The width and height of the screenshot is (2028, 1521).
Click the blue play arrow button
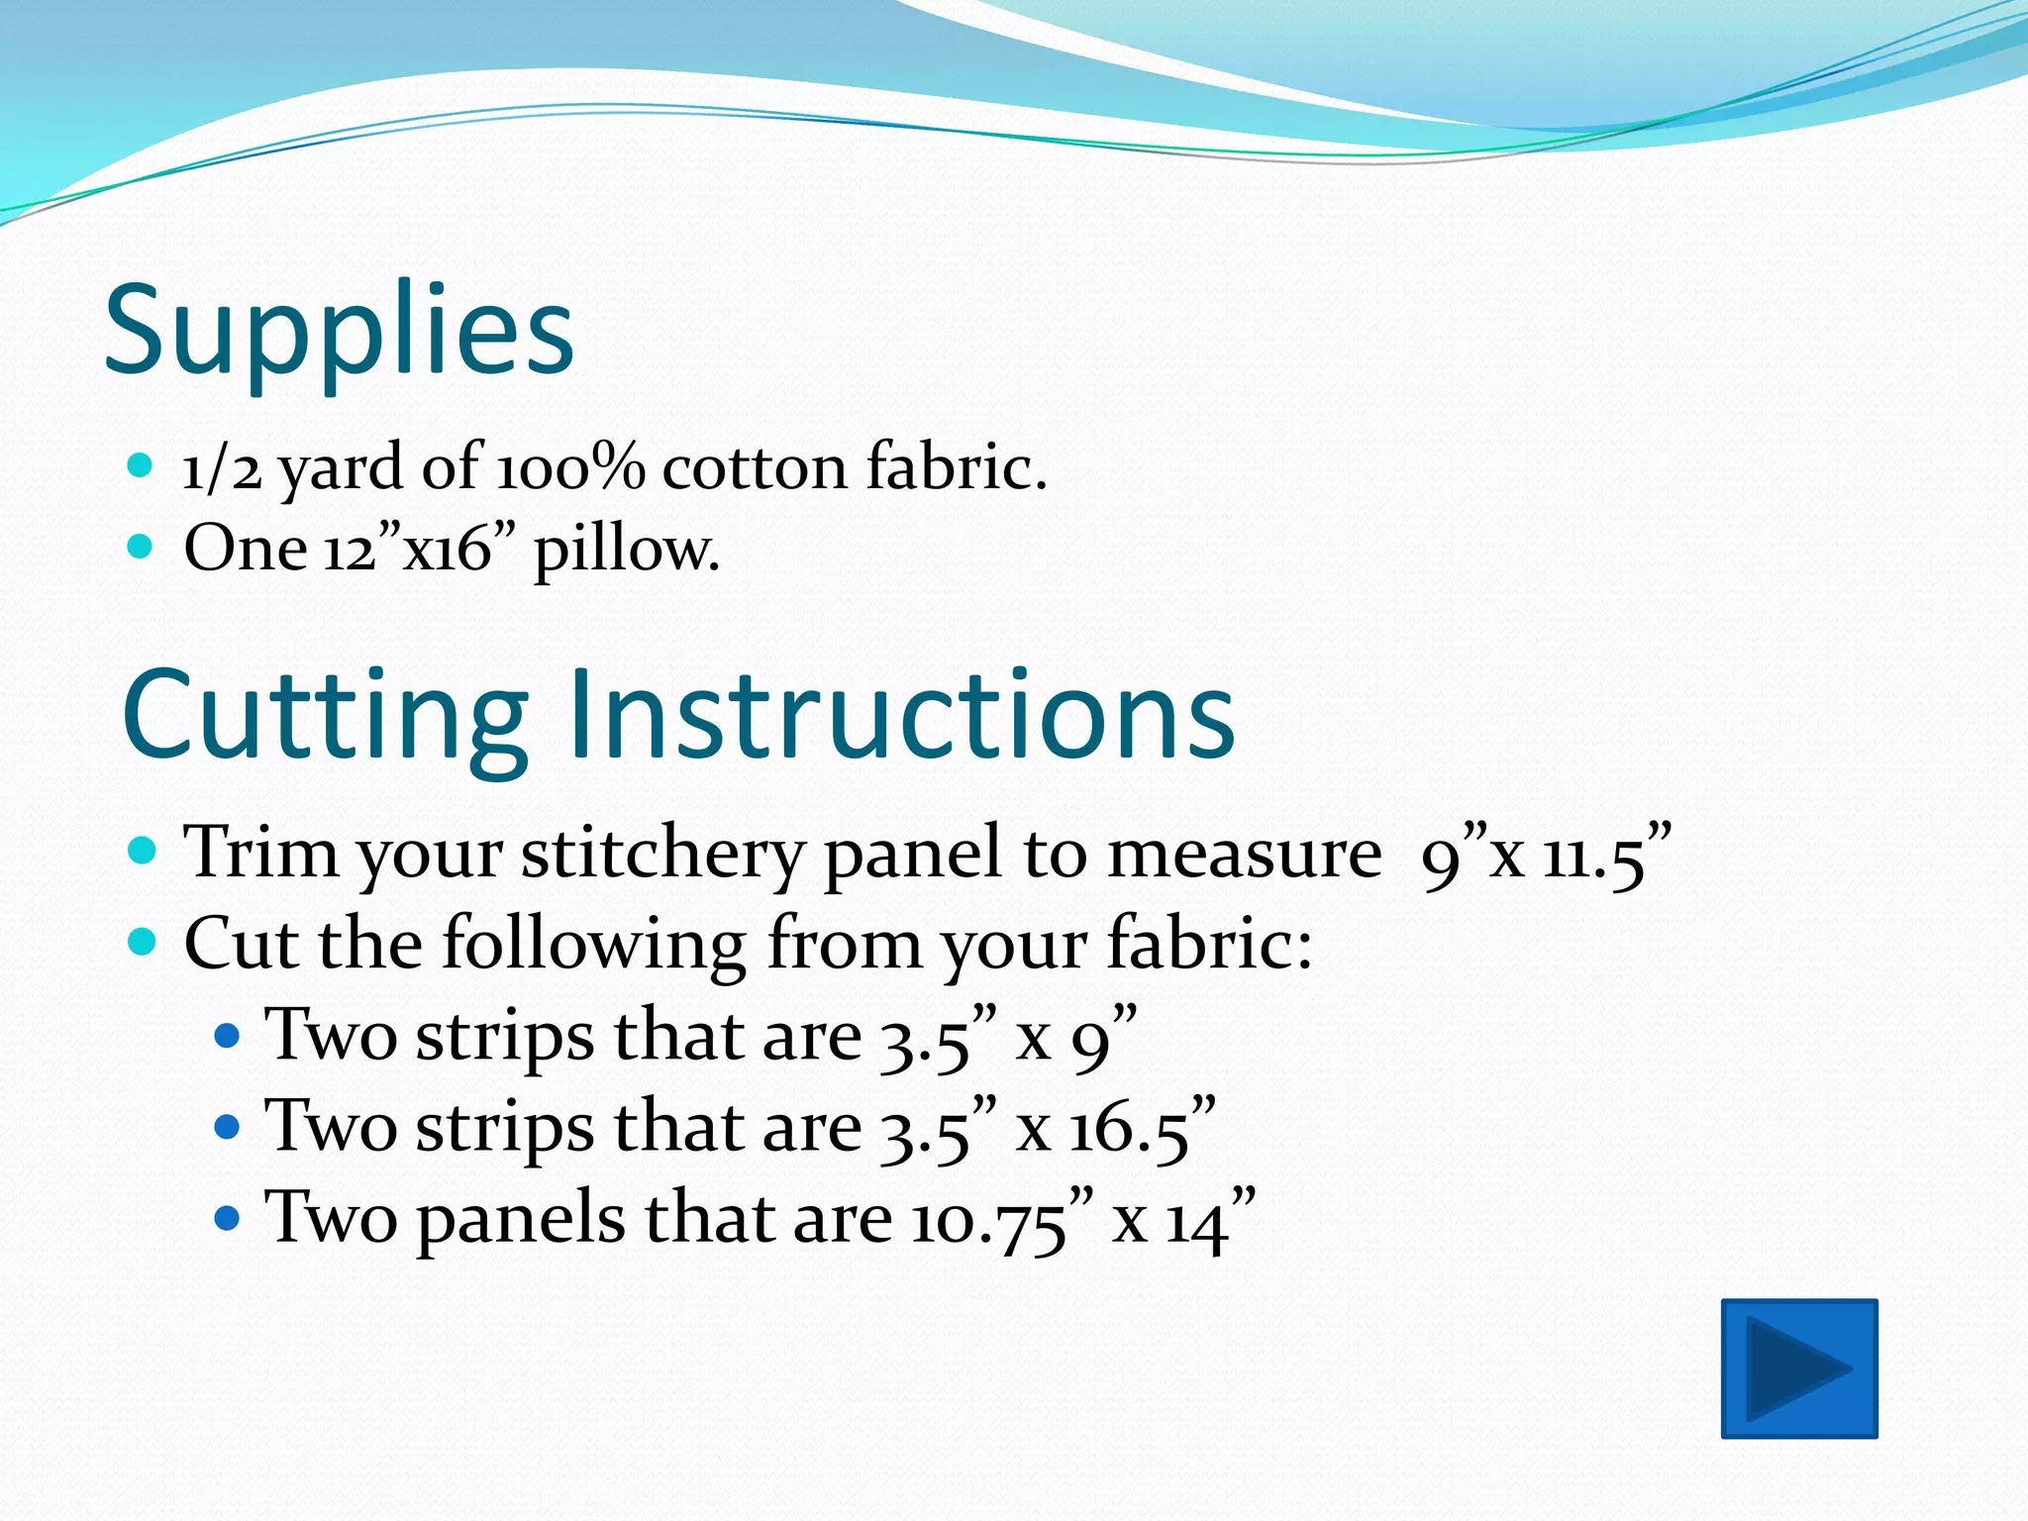[x=1799, y=1368]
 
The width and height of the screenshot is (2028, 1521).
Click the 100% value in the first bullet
[x=570, y=466]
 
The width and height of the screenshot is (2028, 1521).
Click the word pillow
[x=626, y=551]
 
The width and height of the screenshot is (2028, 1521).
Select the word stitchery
[x=661, y=854]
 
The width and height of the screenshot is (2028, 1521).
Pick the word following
[x=594, y=944]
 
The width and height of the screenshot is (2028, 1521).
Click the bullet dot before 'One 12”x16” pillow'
[x=141, y=546]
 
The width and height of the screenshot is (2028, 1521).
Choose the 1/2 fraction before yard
[x=222, y=468]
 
